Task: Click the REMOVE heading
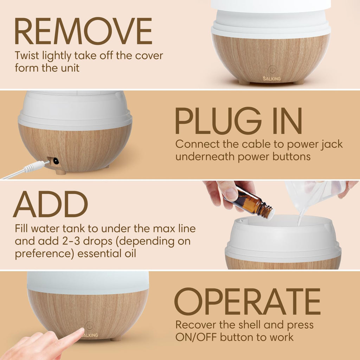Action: click(x=83, y=32)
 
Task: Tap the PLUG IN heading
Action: click(x=238, y=122)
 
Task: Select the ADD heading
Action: click(x=50, y=205)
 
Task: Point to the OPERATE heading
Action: click(x=247, y=302)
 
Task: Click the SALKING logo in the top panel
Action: click(x=272, y=79)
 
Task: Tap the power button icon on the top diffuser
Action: click(x=272, y=70)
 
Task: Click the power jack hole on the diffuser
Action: click(x=55, y=161)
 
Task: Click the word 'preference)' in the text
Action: click(x=44, y=253)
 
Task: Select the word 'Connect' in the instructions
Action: click(x=197, y=144)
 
